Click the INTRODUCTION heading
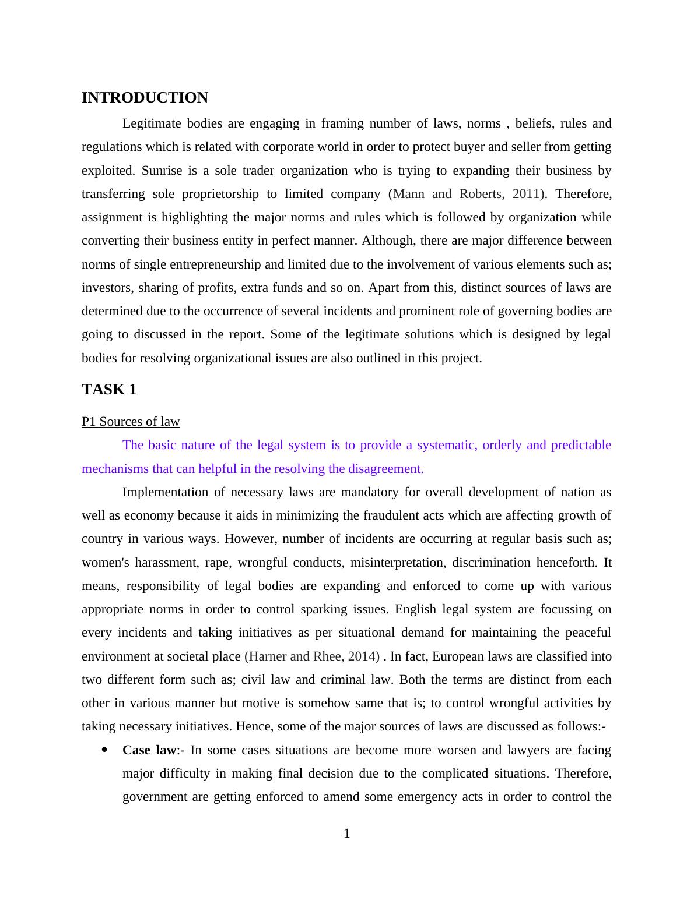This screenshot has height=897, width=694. tap(145, 97)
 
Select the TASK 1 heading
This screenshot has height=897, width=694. tap(109, 389)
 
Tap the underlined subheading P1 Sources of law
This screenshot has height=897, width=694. tap(131, 421)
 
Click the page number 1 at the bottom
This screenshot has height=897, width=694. tap(347, 834)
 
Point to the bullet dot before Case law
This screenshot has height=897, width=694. tap(105, 750)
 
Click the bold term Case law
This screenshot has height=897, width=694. tap(149, 750)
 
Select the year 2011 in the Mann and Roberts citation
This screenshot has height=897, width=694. tap(525, 193)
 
